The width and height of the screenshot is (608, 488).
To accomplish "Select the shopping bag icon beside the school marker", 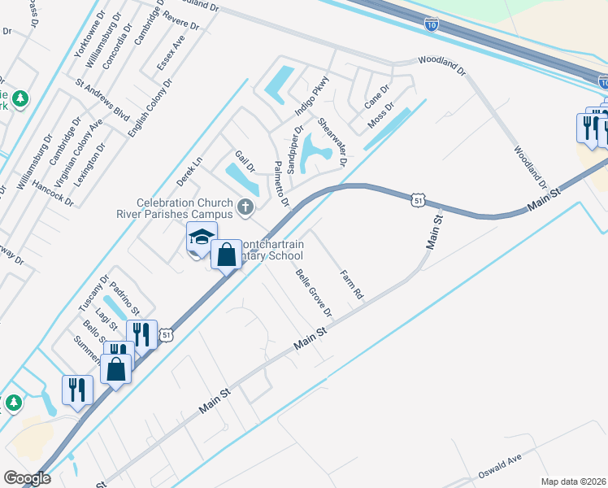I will (x=227, y=254).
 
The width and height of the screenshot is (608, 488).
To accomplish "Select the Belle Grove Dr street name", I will (x=315, y=294).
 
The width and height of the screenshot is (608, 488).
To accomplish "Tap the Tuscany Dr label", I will (x=93, y=293).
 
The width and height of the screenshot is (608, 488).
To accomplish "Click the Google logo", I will (x=27, y=477).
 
